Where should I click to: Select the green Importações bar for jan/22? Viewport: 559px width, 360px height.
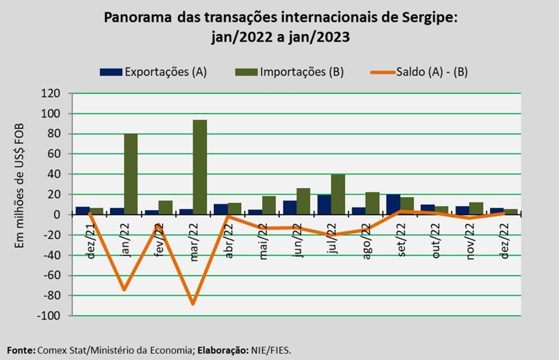[131, 173]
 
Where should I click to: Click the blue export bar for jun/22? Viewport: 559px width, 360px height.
[290, 208]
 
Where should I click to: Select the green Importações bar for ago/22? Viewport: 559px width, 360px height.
[372, 203]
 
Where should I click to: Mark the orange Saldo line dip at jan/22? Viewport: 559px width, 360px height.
[124, 290]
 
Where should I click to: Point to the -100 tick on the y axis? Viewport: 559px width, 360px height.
[49, 316]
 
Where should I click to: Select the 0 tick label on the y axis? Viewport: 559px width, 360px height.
[57, 215]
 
